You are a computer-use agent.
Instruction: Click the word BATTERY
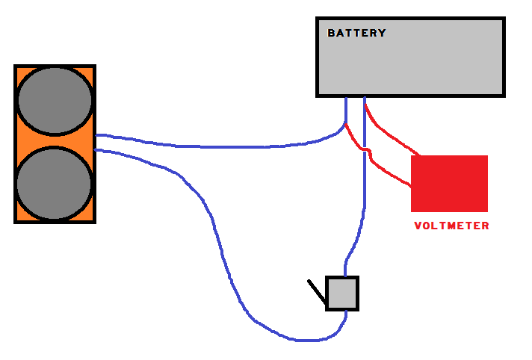pos(356,33)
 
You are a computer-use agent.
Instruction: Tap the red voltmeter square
pos(449,184)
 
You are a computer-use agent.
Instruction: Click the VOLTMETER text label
pos(451,226)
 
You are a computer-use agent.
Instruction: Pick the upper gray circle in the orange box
pos(55,101)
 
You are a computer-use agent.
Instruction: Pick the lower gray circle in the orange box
pos(54,184)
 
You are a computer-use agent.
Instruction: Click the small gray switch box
pos(342,293)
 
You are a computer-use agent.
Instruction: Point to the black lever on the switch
pos(317,292)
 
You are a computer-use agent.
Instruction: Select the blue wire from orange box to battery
pos(224,146)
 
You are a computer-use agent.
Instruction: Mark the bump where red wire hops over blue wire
pos(366,152)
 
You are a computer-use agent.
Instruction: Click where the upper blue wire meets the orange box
pos(97,135)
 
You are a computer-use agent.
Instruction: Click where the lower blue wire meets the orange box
pos(97,150)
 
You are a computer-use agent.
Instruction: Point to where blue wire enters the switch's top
pos(345,276)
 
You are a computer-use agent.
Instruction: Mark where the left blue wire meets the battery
pos(346,98)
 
